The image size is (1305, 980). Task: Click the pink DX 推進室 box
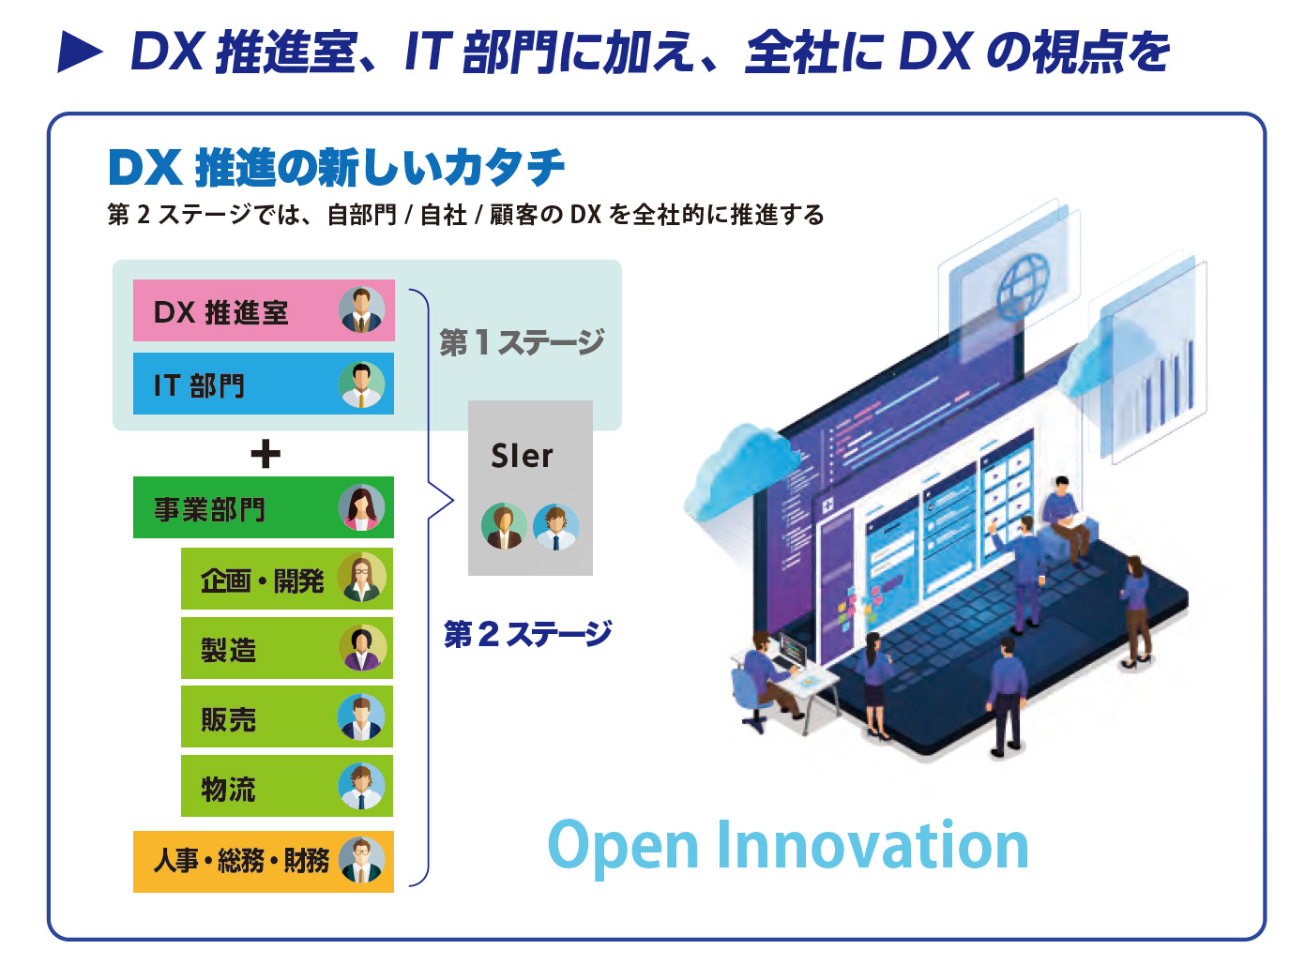point(264,310)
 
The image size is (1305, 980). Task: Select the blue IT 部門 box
point(264,384)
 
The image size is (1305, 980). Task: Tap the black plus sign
point(266,455)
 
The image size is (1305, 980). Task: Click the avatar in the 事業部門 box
point(361,507)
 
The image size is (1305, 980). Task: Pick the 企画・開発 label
point(262,580)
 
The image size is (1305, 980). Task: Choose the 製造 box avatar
point(361,648)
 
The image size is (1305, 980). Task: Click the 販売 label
point(228,719)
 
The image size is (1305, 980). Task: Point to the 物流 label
point(228,789)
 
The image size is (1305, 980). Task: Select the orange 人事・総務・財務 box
point(264,861)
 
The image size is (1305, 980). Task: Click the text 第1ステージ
point(522,342)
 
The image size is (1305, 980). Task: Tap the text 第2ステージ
point(527,634)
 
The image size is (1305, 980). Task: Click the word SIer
point(522,456)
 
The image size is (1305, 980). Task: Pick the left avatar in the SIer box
point(504,526)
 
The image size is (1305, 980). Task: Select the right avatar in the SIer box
point(556,527)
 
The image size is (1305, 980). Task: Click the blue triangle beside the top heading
point(80,53)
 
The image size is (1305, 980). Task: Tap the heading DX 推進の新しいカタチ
point(336,167)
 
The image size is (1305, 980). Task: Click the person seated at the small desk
point(764,677)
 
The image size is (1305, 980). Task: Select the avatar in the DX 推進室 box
point(361,309)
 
